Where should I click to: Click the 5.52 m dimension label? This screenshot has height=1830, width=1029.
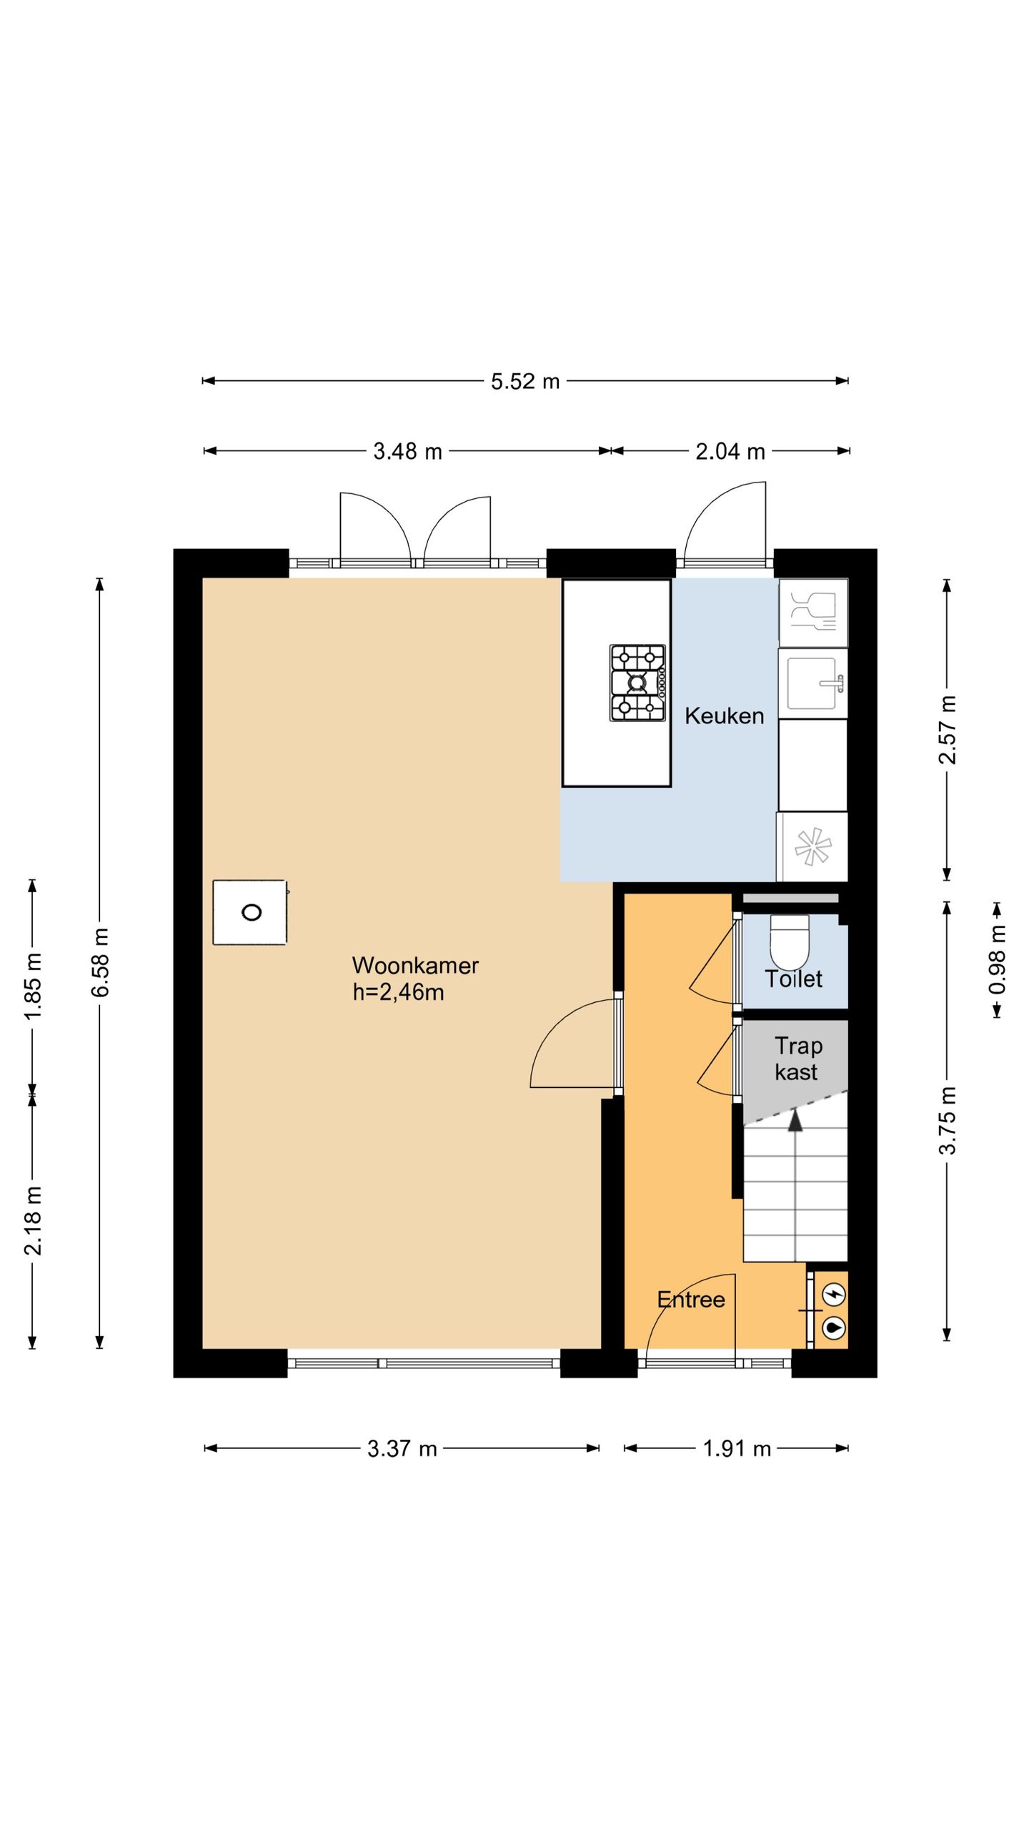click(525, 381)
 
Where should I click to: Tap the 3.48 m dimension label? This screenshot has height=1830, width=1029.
click(407, 452)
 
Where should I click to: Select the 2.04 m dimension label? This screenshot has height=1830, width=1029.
click(730, 452)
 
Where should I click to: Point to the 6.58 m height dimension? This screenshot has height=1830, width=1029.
click(101, 962)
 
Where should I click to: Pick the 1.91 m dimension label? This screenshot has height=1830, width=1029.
click(737, 1448)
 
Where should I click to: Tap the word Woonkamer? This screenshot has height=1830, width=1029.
click(415, 966)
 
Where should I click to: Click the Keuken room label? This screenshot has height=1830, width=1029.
click(724, 716)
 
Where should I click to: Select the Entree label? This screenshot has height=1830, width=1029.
click(691, 1300)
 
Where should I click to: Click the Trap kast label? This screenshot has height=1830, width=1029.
click(797, 1059)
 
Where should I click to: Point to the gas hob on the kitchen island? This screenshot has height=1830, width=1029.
click(637, 683)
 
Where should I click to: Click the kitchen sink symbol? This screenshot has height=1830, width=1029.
click(812, 683)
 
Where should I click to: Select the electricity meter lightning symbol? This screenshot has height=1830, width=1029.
click(834, 1294)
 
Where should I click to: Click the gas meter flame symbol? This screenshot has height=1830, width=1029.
click(834, 1327)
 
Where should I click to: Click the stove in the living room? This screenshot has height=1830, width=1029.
click(250, 912)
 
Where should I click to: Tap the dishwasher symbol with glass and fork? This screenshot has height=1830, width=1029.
click(814, 612)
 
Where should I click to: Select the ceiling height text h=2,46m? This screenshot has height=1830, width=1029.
click(398, 993)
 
